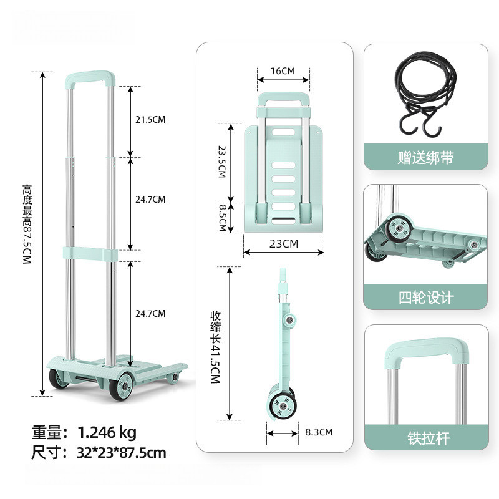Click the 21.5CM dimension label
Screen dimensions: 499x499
tap(151, 120)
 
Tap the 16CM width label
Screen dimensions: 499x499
tap(282, 70)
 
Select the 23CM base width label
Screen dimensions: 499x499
tap(283, 244)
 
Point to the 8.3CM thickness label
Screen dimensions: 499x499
tap(319, 432)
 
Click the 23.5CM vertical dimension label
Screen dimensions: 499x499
tap(221, 162)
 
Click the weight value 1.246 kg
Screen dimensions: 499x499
tap(107, 432)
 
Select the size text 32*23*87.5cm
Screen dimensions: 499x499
tap(122, 452)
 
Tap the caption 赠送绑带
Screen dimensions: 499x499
tap(425, 157)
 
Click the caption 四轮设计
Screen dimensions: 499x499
tap(425, 298)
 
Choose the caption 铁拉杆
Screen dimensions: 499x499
tap(425, 438)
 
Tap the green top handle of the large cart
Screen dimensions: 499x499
tap(90, 79)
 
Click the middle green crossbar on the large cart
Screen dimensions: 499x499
tap(90, 253)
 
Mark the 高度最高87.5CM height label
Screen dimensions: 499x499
tap(26, 225)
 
